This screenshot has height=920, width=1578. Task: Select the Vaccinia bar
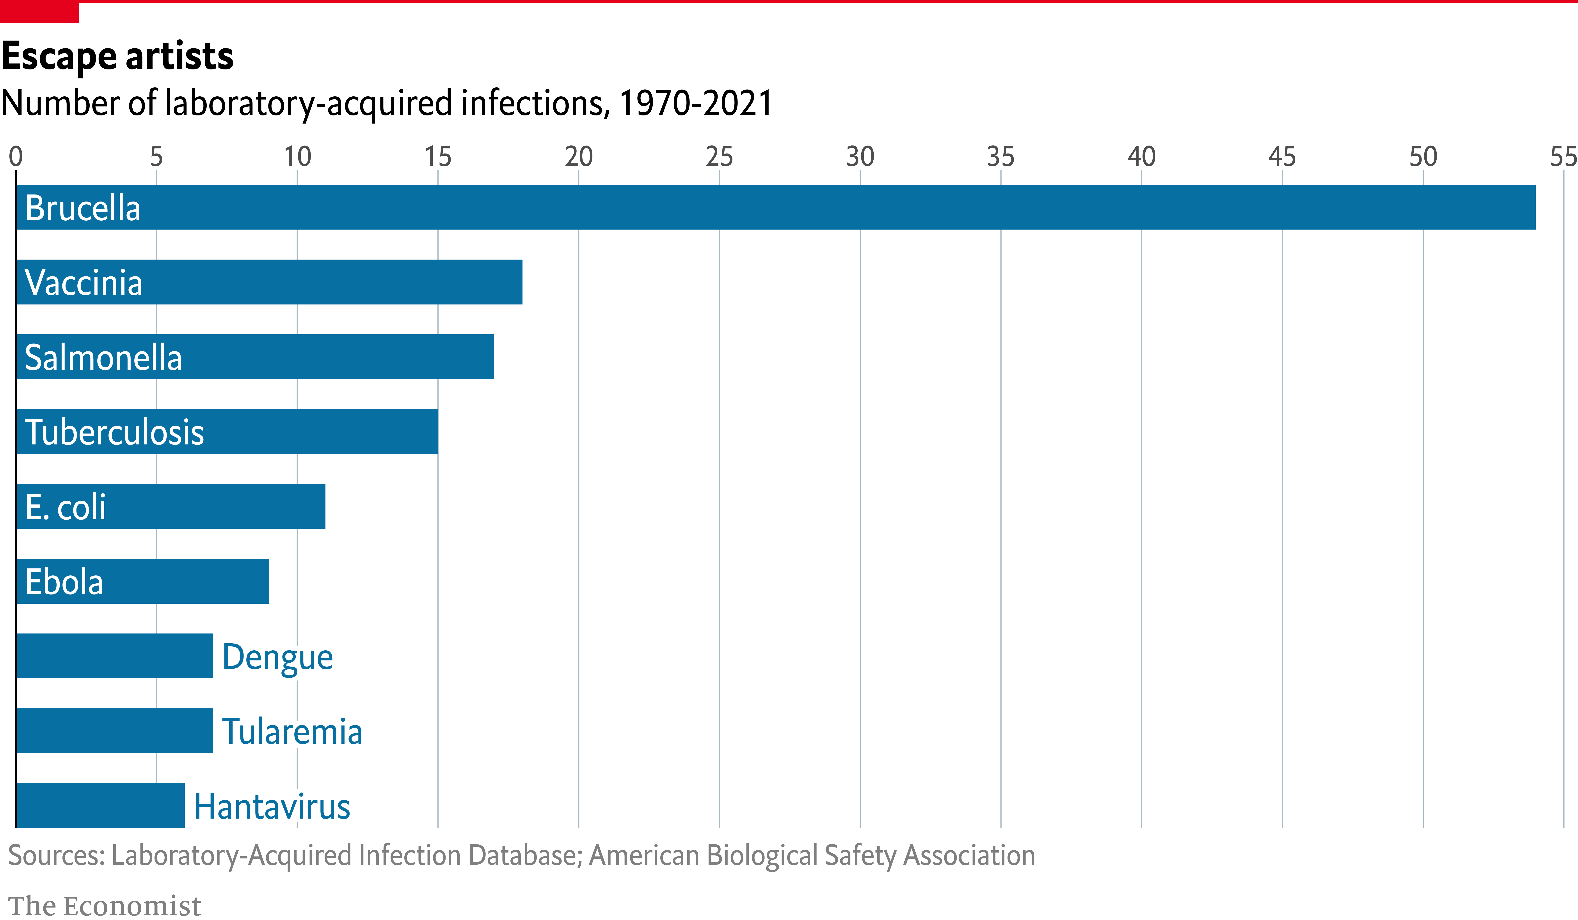(x=269, y=282)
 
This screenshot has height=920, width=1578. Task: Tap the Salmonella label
(x=103, y=357)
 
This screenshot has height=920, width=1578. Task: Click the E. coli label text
(x=66, y=507)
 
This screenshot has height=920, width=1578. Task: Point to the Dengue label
(x=277, y=657)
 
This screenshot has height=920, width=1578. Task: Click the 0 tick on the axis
(x=16, y=156)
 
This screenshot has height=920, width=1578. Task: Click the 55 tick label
(x=1564, y=156)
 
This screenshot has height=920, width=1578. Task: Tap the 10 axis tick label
(x=297, y=156)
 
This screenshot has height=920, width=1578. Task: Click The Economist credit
(x=105, y=905)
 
